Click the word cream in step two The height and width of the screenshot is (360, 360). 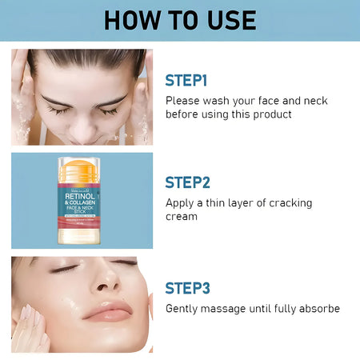181,216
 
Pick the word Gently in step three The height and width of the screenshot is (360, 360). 184,308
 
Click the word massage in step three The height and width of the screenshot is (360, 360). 232,308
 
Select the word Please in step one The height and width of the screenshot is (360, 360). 184,101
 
